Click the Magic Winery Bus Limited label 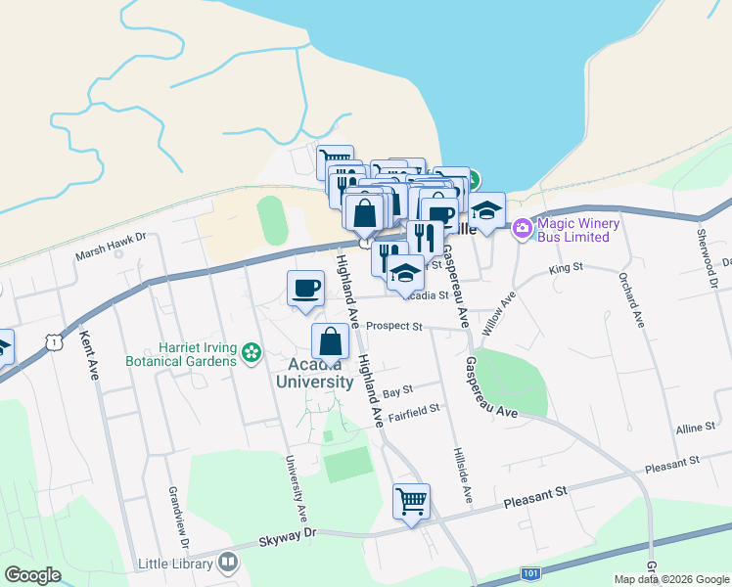coord(578,231)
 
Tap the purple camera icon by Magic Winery coord(523,228)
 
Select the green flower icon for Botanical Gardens coord(252,351)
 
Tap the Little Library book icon coord(228,562)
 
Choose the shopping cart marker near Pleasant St coord(411,502)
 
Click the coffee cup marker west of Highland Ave coord(305,288)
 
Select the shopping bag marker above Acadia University coord(331,341)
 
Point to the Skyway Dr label coord(289,535)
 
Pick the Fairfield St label coord(415,414)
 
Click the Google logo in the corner coord(33,575)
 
